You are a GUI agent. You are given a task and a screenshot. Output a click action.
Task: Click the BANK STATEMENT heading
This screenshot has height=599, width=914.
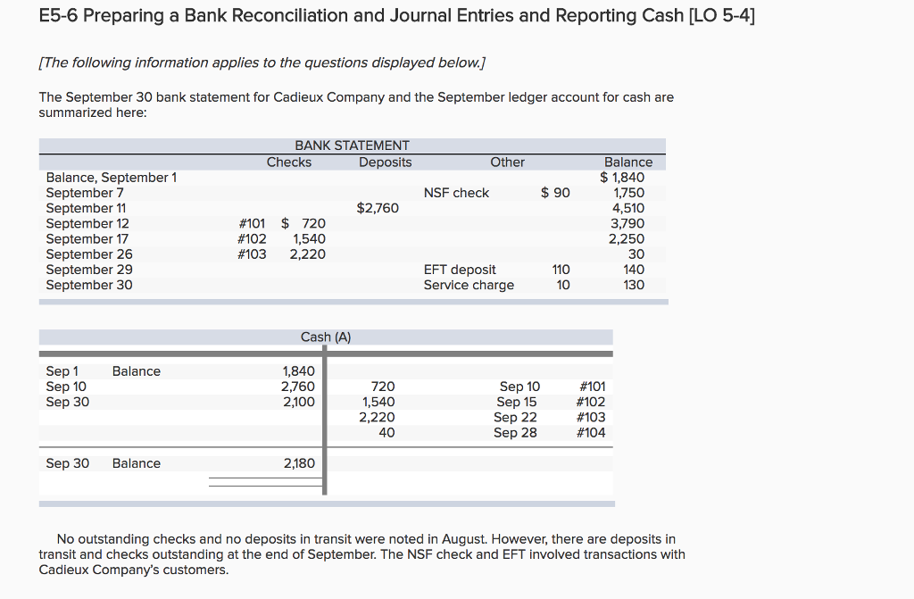(x=352, y=146)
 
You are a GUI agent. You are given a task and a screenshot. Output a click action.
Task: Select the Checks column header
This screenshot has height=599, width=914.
(x=289, y=162)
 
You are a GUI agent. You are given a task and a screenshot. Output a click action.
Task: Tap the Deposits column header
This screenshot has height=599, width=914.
(x=386, y=162)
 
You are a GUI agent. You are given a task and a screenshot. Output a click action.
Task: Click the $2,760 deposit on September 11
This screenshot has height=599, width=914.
(x=378, y=208)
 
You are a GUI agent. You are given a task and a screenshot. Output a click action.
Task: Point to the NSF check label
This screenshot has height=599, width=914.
(x=456, y=193)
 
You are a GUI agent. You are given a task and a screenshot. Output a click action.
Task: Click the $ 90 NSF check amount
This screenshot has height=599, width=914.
(x=555, y=193)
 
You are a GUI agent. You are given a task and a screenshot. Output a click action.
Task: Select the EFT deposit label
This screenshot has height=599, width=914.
(x=460, y=270)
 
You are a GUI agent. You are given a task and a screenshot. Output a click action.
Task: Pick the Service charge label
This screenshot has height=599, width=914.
(x=469, y=285)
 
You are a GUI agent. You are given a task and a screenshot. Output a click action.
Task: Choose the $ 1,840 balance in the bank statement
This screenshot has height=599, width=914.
(x=622, y=178)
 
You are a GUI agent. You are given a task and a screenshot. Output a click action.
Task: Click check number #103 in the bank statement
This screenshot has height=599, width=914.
(x=252, y=254)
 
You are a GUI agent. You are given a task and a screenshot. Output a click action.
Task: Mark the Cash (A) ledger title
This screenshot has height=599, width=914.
(x=326, y=337)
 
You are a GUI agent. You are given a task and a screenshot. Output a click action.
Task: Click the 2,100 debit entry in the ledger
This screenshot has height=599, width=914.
(x=297, y=402)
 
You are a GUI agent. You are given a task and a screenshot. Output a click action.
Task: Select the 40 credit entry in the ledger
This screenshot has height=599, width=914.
(x=386, y=433)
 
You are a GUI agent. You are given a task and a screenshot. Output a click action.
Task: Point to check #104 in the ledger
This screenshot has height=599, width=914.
(x=591, y=433)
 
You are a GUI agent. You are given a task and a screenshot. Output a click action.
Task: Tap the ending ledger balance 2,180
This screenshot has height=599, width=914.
(x=297, y=463)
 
